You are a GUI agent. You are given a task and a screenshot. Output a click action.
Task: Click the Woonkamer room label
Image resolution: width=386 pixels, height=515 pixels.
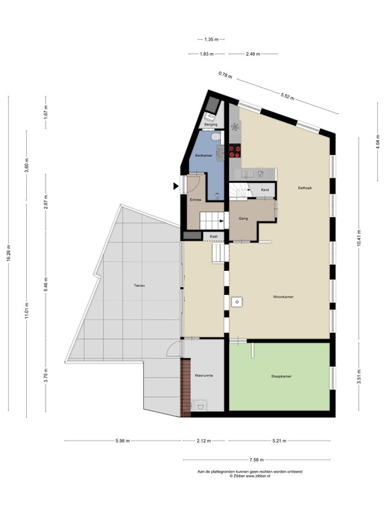click(283, 297)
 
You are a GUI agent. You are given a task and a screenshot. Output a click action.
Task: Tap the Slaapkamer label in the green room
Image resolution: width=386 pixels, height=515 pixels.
click(281, 376)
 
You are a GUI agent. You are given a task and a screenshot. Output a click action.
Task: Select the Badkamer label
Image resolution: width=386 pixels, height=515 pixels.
click(204, 156)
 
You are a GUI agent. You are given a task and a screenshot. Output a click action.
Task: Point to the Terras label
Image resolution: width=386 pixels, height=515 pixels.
click(139, 286)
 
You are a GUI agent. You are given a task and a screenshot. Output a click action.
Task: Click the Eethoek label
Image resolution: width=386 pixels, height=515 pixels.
click(305, 188)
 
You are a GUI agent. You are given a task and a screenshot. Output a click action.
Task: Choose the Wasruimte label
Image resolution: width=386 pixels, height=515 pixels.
click(204, 376)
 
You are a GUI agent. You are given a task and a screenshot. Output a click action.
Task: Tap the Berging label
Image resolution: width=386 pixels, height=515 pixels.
click(210, 125)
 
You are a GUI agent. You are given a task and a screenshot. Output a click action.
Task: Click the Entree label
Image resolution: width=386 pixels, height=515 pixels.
click(196, 200)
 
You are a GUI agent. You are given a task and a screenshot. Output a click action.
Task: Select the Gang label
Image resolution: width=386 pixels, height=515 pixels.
click(243, 219)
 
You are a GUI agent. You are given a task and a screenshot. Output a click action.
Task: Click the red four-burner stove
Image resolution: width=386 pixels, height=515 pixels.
click(235, 152)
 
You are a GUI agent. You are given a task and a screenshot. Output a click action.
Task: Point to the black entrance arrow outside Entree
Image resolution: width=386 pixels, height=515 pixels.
click(176, 186)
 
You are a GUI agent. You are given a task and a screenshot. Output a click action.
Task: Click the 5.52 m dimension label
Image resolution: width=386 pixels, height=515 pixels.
click(287, 96)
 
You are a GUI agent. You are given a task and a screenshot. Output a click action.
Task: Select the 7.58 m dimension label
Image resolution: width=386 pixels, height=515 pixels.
click(257, 460)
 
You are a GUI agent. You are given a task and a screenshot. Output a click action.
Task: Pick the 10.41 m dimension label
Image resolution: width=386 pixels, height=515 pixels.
click(359, 238)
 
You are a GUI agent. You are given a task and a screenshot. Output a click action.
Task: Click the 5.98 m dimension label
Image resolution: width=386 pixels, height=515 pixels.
click(123, 441)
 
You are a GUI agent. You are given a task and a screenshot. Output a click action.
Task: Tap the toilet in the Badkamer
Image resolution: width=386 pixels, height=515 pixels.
click(216, 136)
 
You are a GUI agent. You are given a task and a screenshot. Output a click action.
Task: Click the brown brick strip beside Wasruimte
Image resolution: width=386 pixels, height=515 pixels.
click(186, 388)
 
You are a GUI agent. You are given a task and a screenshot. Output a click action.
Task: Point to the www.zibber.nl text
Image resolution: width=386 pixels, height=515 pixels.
click(257, 476)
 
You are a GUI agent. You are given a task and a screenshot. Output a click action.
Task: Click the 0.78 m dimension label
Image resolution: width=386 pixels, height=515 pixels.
click(225, 75)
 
